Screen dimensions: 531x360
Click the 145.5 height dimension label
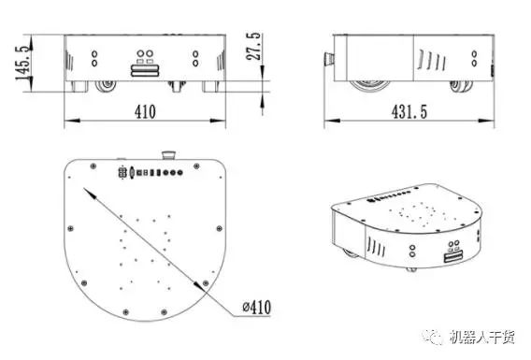click(23, 63)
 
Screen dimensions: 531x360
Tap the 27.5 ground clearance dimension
click(253, 47)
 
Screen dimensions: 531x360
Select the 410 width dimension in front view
click(145, 111)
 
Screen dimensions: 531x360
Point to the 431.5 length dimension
click(409, 111)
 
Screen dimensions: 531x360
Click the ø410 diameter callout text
click(257, 307)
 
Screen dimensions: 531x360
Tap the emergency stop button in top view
click(168, 155)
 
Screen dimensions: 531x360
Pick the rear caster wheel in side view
click(461, 86)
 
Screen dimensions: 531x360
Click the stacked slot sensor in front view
click(145, 70)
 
